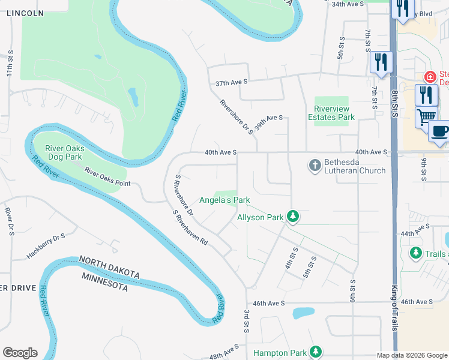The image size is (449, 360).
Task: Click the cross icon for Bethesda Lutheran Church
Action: [315, 165]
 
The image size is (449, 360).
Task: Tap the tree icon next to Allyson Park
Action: [292, 217]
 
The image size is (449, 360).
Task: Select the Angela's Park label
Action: [224, 200]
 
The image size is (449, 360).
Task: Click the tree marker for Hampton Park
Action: [315, 353]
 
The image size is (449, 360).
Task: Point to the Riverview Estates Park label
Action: [332, 113]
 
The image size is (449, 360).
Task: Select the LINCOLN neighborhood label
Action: [25, 13]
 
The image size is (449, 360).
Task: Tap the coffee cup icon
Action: [440, 130]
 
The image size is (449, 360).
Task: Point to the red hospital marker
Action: [430, 77]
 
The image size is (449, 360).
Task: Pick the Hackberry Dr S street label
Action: [45, 247]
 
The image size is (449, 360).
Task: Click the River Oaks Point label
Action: [107, 178]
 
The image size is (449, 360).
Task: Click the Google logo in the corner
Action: [20, 352]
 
